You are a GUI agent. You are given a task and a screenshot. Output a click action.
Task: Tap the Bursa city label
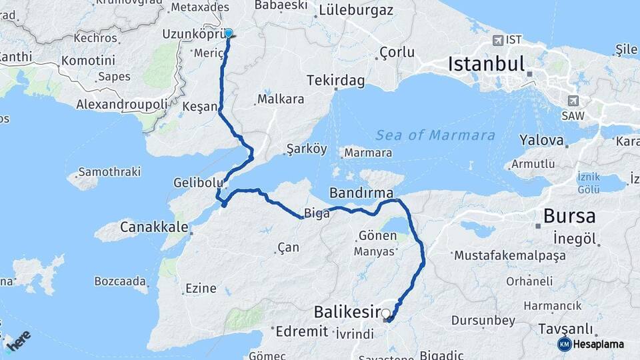569,216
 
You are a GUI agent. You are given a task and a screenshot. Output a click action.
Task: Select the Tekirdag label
335,81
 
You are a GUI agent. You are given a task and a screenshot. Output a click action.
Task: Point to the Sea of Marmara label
435,135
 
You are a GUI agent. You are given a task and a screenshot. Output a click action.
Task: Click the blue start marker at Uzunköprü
229,33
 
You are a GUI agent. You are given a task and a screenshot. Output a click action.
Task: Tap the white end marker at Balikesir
386,313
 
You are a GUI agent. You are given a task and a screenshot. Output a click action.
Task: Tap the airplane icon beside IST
497,40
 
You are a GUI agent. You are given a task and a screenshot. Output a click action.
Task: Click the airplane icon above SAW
573,100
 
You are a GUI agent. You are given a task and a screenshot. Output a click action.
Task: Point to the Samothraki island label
109,172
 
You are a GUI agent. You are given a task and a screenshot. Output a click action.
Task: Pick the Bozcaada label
121,280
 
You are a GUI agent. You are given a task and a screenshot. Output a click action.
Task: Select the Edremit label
302,331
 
